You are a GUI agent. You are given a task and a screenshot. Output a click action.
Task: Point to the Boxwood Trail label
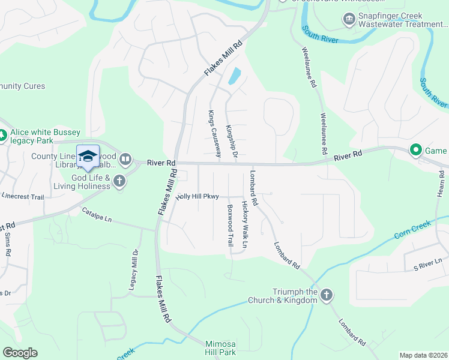(230, 225)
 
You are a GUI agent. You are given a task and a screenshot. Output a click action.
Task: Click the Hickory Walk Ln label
(245, 224)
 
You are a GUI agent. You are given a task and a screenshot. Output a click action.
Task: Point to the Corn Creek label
(413, 230)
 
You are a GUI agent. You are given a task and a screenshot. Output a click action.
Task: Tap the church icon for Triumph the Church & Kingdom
(327, 295)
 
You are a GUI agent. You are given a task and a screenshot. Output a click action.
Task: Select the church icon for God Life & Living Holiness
(119, 181)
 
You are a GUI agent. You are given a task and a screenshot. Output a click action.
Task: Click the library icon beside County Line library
(125, 159)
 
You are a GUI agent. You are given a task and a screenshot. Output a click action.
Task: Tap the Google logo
(20, 353)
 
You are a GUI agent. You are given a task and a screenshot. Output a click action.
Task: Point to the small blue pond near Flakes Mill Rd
(234, 76)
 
